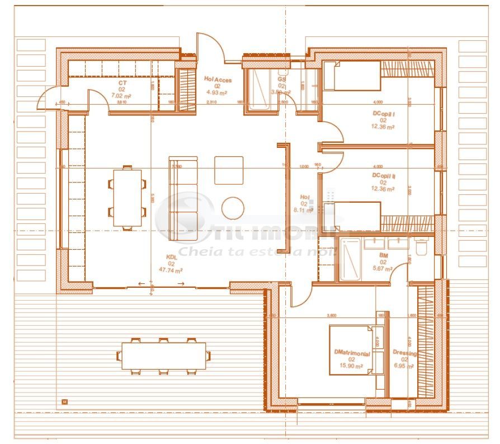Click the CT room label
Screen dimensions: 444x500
tap(121, 83)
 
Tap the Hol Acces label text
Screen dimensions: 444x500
tap(218, 80)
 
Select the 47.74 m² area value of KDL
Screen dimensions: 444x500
tap(171, 270)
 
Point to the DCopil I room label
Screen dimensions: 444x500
tap(384, 114)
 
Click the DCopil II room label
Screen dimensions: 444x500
tap(384, 176)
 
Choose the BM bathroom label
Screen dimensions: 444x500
tap(384, 255)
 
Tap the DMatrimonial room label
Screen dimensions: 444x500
tap(352, 352)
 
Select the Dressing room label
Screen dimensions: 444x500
tap(404, 354)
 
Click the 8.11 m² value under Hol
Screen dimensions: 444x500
tap(304, 211)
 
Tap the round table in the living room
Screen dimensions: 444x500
tap(233, 208)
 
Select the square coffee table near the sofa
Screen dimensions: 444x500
tap(229, 170)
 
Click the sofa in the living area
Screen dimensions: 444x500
tap(183, 190)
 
